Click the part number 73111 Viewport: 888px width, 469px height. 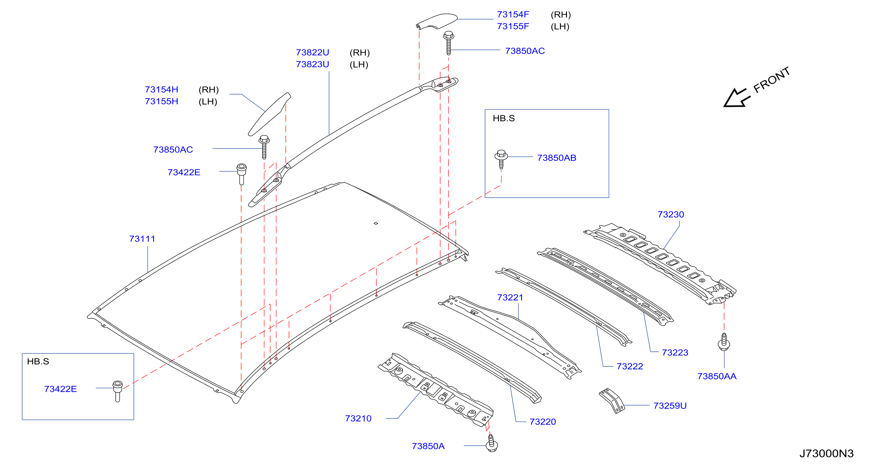pos(142,239)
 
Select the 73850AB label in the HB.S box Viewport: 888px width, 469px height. pos(556,158)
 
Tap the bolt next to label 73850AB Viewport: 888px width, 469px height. pos(501,159)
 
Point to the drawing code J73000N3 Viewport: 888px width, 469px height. pos(826,453)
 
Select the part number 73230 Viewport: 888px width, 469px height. pos(670,215)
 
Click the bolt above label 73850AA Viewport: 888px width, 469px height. pos(724,342)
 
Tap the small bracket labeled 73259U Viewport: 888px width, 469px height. pos(612,400)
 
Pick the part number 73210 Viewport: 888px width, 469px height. pos(358,418)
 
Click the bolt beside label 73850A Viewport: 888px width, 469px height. pos(492,443)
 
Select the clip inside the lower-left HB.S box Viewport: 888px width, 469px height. pos(118,391)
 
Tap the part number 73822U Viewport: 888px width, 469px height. pos(312,52)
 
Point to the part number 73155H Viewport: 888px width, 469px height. pos(161,101)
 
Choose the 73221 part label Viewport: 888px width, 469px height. pos(510,297)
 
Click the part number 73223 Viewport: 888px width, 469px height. pos(674,353)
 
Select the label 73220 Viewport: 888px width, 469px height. pos(543,422)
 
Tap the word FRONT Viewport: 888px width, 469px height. pos(772,80)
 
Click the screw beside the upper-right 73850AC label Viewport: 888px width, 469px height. pos(449,43)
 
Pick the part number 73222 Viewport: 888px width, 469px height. pos(630,366)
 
